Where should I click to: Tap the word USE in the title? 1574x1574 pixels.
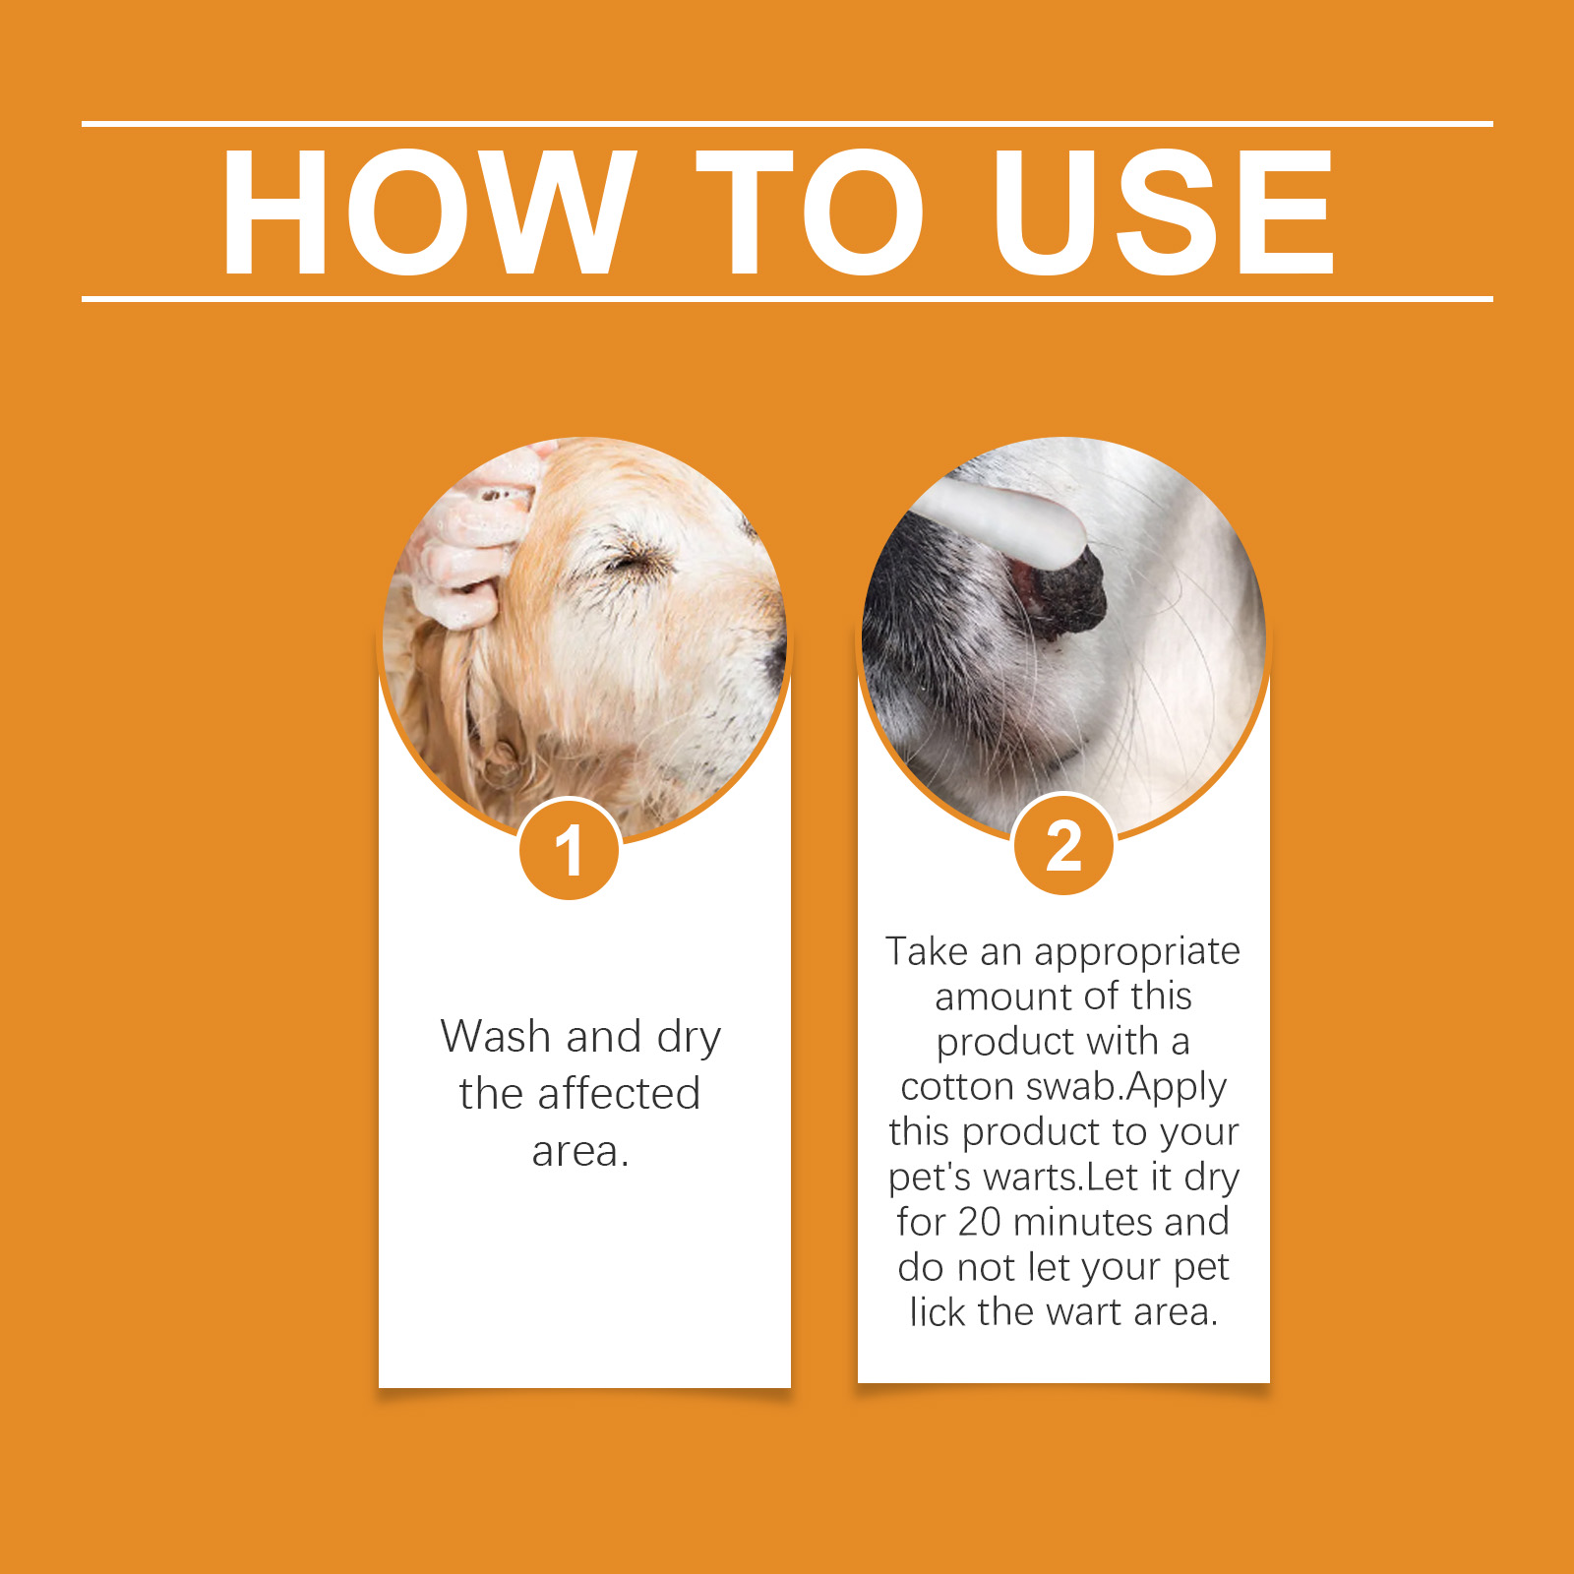click(x=1164, y=212)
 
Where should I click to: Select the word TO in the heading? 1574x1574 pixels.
click(x=810, y=212)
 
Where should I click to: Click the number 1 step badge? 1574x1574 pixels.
click(x=570, y=849)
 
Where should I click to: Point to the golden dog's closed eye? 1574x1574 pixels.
click(x=630, y=561)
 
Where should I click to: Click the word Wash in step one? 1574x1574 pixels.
click(x=497, y=1036)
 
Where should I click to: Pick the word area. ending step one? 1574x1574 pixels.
click(x=580, y=1152)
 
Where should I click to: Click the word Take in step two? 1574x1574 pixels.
click(x=927, y=951)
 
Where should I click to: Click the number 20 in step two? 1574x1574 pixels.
click(x=979, y=1222)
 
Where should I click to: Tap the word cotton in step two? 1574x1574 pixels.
click(x=957, y=1087)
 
